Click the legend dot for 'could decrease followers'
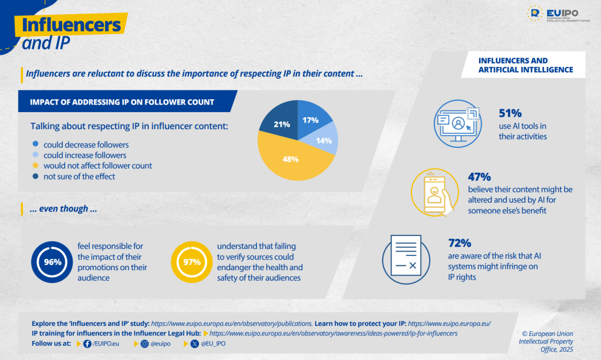36,144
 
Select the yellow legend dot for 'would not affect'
36,166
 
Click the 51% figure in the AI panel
510,113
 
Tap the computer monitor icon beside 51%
457,120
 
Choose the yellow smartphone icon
435,190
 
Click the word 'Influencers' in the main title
71,24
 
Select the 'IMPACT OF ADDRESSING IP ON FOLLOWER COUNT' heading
122,102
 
